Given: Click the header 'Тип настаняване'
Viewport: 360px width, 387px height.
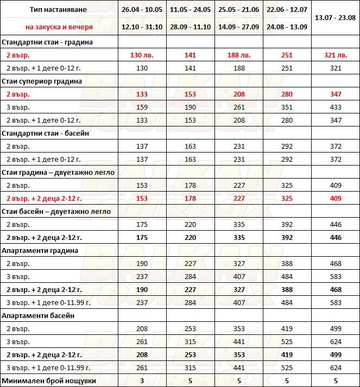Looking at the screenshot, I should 59,10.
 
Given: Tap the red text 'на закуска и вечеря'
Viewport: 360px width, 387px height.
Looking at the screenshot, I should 59,27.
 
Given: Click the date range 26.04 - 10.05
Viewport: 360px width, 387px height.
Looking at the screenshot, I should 141,10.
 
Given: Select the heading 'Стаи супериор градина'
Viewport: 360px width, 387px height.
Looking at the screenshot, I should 42,81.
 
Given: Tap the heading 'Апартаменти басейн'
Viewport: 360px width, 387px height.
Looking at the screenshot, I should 39,315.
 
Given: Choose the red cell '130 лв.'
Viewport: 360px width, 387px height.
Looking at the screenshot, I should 141,55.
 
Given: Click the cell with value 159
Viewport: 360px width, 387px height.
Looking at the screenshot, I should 141,107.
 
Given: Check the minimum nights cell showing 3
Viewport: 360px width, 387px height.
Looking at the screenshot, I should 141,380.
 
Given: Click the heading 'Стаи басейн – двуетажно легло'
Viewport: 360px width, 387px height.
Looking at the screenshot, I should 56,211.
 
